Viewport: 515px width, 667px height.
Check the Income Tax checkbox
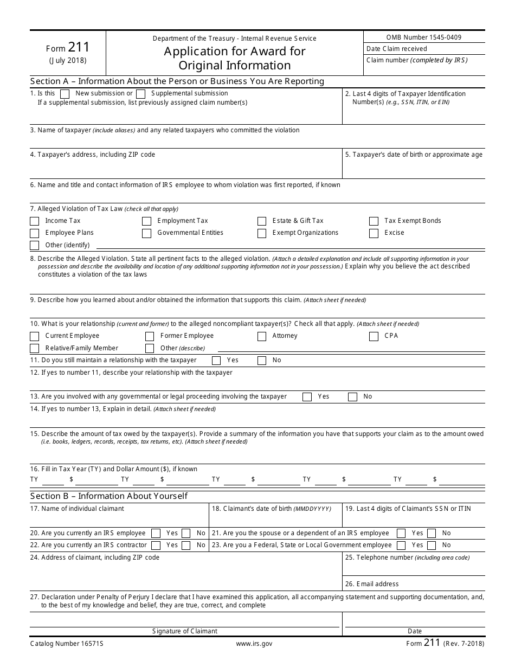(x=35, y=221)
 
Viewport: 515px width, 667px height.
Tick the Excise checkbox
(x=374, y=233)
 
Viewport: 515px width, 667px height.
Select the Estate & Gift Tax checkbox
(x=262, y=221)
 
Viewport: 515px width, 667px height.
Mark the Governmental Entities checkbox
(x=146, y=233)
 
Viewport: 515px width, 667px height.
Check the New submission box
(x=65, y=94)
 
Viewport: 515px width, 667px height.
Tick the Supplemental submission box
(x=141, y=94)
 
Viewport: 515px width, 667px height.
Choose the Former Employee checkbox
(x=150, y=336)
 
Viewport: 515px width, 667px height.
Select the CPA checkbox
(x=374, y=336)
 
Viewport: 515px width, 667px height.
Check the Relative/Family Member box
(x=35, y=348)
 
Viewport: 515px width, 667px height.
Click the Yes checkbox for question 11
(x=216, y=360)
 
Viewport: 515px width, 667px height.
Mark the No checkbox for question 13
(x=352, y=397)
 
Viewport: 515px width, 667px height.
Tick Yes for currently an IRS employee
(x=156, y=533)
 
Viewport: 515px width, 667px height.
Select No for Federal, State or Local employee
(x=432, y=545)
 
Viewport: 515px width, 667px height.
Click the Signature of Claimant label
(x=184, y=631)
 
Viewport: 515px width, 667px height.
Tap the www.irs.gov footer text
(x=254, y=644)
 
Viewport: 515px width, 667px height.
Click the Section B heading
(x=108, y=496)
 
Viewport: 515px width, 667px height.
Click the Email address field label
(x=372, y=584)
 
